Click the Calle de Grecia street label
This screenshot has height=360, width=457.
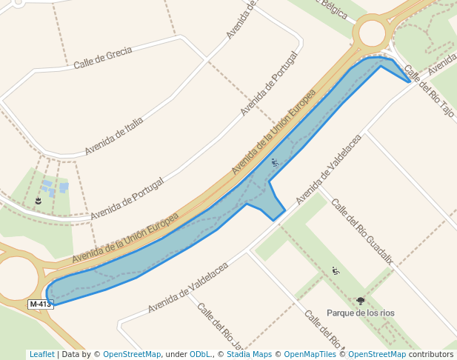tap(102, 59)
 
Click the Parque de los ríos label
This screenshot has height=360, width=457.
tap(361, 313)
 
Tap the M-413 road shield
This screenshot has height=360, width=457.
tap(40, 304)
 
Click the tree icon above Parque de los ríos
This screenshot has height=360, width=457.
tap(361, 301)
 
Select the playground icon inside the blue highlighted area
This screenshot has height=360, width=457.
tap(275, 162)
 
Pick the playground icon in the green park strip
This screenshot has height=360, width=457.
tap(335, 271)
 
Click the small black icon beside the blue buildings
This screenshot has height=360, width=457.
tap(38, 201)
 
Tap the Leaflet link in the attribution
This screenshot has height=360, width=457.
tap(41, 354)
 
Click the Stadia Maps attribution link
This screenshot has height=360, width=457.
tap(248, 354)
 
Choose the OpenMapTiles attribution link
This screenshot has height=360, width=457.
tap(311, 354)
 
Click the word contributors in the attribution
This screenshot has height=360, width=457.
tap(431, 354)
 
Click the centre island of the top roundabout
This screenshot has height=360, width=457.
tap(370, 33)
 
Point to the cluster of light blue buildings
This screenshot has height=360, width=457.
tap(53, 187)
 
